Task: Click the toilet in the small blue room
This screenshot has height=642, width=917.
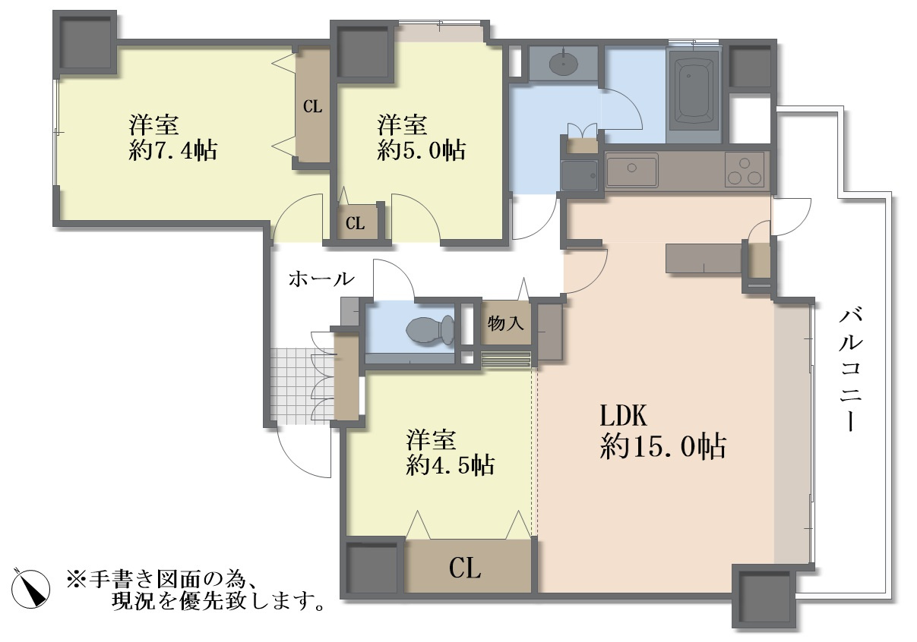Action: (430, 330)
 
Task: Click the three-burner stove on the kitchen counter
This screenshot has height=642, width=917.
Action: (745, 169)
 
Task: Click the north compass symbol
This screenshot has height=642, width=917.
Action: (30, 590)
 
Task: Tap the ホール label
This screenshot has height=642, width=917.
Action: (321, 279)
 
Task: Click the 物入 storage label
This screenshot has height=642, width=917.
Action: (505, 324)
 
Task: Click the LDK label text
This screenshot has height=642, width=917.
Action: (624, 416)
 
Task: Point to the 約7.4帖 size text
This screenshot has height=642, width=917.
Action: (172, 151)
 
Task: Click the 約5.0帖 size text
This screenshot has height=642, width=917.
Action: (421, 150)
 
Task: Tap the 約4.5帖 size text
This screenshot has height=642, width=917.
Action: (451, 465)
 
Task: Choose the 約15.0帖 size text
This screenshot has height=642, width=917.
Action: (663, 446)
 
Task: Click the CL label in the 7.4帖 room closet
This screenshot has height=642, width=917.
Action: (313, 107)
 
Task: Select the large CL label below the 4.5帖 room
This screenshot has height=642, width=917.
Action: (465, 568)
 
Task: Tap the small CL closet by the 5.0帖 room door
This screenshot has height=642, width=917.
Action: (355, 223)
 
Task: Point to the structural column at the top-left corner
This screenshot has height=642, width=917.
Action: (85, 42)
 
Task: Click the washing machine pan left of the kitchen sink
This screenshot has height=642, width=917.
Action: (579, 175)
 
